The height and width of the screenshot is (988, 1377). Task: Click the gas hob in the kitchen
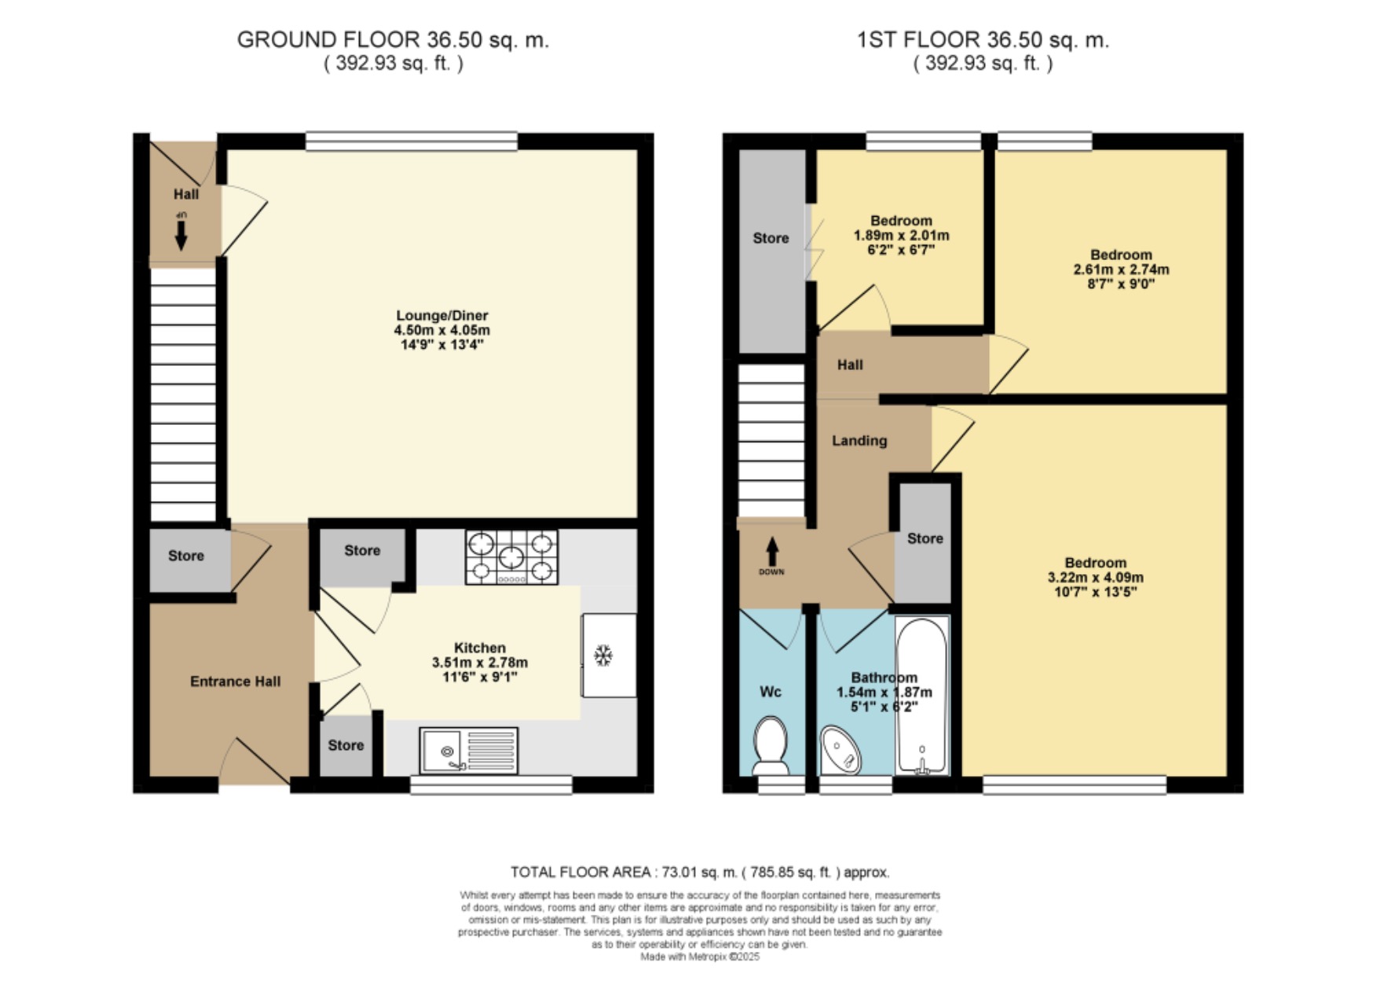click(511, 557)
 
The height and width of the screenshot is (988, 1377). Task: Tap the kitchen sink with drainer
click(469, 751)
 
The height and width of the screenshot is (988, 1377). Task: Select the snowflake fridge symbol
click(603, 655)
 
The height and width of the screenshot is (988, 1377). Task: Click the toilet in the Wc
click(771, 745)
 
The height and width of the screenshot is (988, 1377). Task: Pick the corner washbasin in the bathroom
click(840, 749)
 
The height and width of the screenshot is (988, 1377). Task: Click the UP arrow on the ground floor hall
click(181, 232)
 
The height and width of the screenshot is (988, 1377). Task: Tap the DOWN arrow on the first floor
click(772, 551)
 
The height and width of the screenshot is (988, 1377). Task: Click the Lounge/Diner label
click(442, 316)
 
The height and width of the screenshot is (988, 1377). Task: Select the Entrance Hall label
click(235, 682)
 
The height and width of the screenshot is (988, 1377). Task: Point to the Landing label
click(859, 441)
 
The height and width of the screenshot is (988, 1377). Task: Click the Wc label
click(771, 692)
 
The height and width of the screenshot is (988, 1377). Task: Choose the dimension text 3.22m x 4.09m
click(1096, 577)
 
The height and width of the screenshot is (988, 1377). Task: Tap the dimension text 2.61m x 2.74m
click(1121, 269)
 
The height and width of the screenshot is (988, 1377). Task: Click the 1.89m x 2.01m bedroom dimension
click(901, 236)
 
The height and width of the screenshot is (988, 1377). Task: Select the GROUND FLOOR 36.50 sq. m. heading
click(393, 40)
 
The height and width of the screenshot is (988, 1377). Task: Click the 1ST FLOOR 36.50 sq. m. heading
click(983, 40)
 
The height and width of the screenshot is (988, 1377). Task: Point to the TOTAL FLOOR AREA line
click(700, 872)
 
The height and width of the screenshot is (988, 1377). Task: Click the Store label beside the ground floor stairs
click(186, 556)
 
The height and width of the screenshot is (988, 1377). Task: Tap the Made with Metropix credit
click(700, 957)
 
